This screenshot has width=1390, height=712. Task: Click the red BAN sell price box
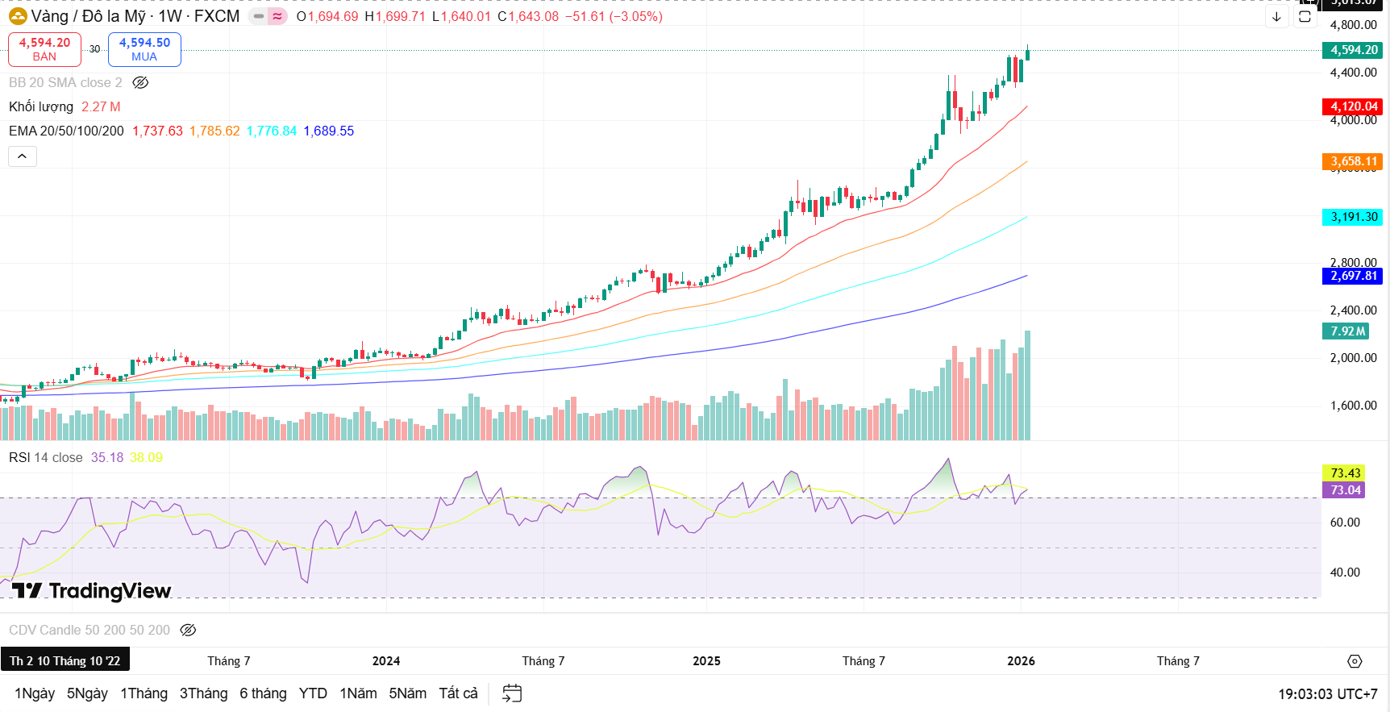tap(44, 49)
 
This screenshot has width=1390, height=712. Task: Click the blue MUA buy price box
tap(144, 49)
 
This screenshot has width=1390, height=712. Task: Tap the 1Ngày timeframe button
tap(35, 693)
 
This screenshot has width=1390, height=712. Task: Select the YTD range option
tap(313, 693)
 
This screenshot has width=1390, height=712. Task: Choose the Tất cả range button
tap(458, 693)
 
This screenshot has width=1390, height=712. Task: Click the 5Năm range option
tap(407, 693)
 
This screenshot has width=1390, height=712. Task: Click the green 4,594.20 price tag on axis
tap(1353, 50)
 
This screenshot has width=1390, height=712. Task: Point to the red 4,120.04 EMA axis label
tap(1353, 106)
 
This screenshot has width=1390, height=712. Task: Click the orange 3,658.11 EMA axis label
tap(1353, 161)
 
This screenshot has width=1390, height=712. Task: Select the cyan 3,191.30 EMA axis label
tap(1353, 217)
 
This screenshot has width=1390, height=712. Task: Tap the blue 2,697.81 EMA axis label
tap(1353, 276)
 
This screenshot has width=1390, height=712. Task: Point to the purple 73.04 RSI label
tap(1344, 490)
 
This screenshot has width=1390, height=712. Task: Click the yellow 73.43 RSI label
tap(1344, 473)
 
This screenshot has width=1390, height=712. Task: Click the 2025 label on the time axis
tap(706, 661)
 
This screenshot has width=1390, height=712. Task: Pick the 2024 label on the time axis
tap(386, 661)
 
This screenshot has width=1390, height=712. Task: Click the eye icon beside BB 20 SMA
tap(140, 83)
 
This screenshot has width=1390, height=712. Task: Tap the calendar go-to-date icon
tap(512, 693)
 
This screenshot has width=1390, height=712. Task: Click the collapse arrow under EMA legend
tap(23, 156)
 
